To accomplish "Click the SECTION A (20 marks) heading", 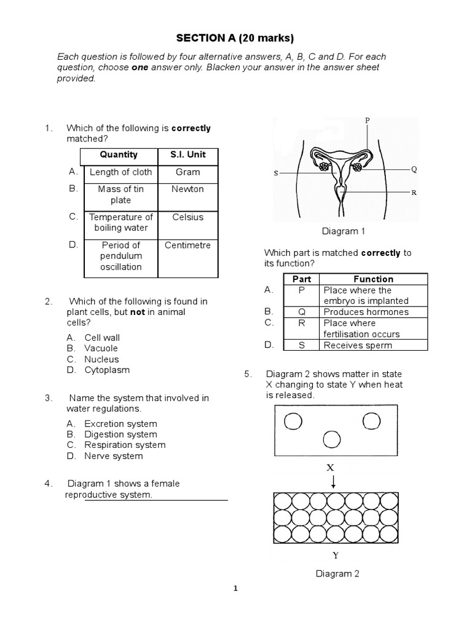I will (235, 38).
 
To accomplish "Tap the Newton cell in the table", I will (188, 189).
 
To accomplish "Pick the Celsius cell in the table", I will (188, 217).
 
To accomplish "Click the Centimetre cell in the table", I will (188, 245).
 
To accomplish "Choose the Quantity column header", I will (119, 155).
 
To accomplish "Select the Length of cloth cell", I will (120, 172).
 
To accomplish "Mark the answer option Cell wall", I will (102, 337).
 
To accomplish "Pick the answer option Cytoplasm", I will (107, 370).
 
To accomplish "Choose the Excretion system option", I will (120, 423).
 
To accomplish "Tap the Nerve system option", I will (113, 456).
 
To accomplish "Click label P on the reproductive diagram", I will (367, 121).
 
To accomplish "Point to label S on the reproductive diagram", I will (276, 173).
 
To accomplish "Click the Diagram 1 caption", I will (340, 231).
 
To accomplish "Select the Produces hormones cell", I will (366, 312).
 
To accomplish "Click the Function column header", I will (374, 279).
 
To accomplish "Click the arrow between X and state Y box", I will (332, 482).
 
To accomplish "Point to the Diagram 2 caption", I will (337, 574).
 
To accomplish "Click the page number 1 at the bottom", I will (235, 588).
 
